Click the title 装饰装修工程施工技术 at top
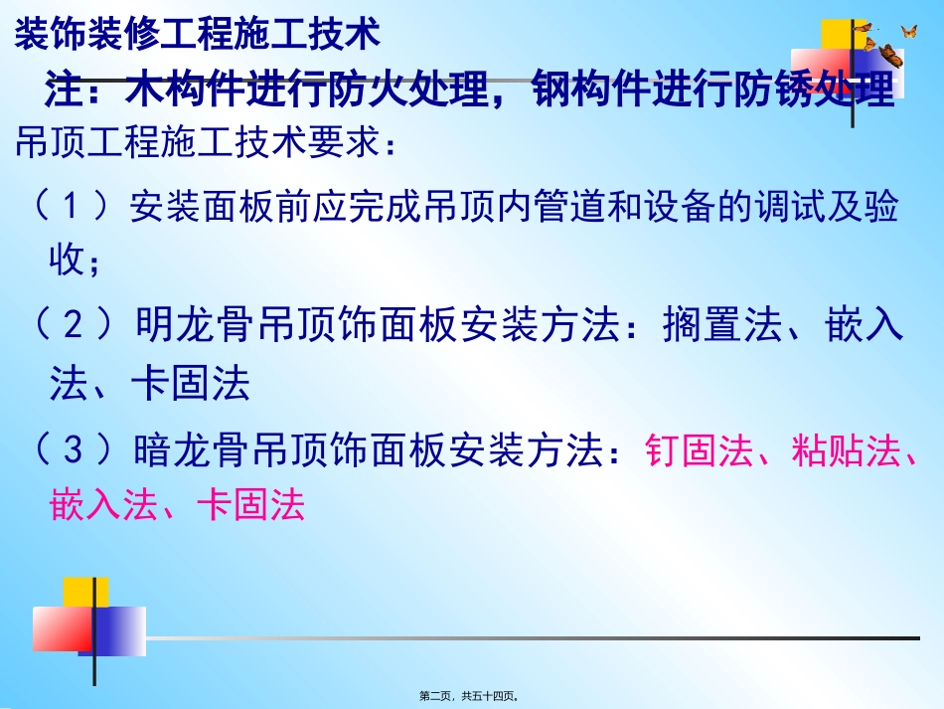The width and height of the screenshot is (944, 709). (x=197, y=36)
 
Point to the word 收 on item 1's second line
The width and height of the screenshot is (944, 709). (x=65, y=261)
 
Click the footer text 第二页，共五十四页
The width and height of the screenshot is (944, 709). (x=471, y=696)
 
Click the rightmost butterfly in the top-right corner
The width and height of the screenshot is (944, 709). (x=908, y=32)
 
